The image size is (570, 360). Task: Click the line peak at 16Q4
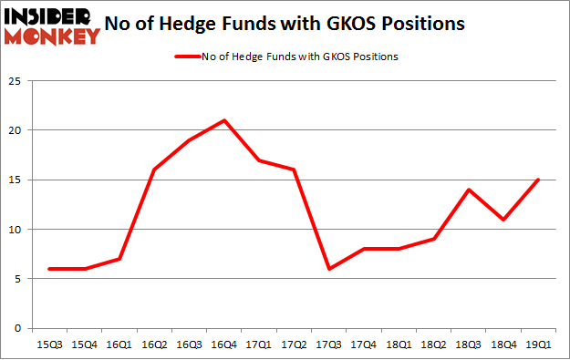[x=224, y=120]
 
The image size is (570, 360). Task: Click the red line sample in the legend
[x=186, y=57]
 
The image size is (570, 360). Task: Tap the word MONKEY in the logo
[x=54, y=36]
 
